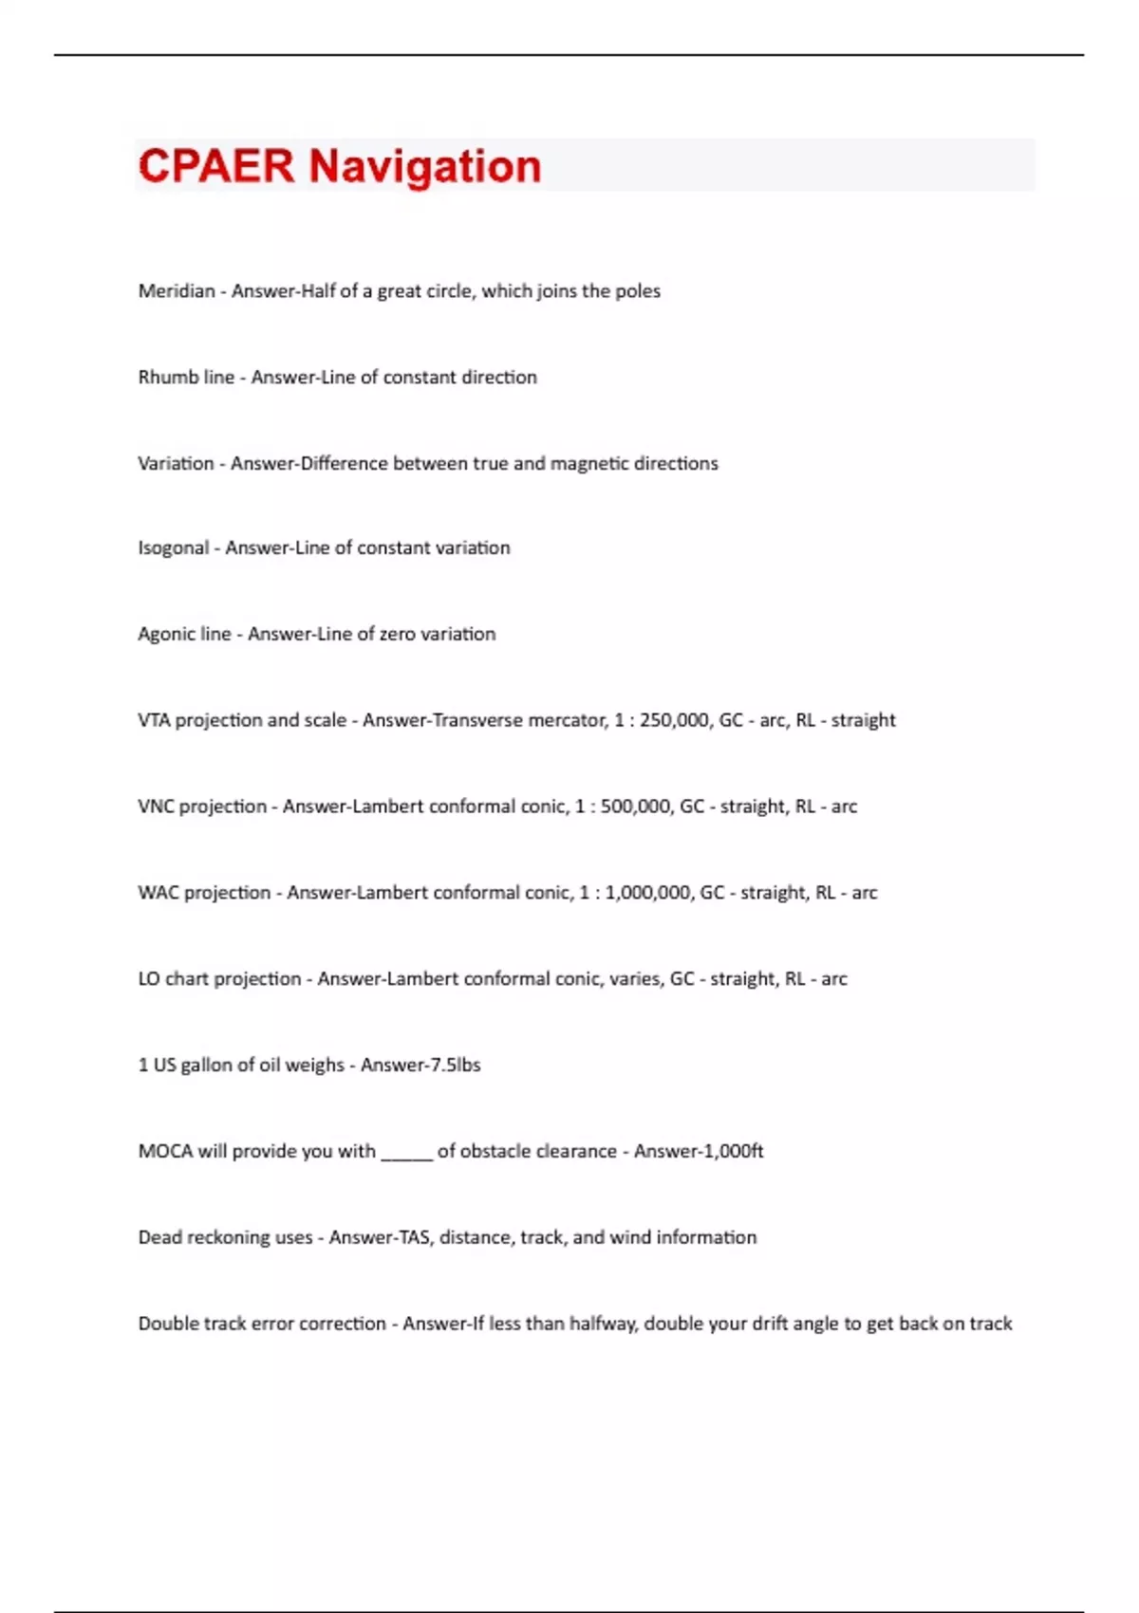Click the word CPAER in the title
(x=216, y=166)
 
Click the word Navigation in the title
(x=424, y=167)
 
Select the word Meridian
(x=177, y=291)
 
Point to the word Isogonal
(x=173, y=548)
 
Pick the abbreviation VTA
(x=154, y=720)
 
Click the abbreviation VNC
(x=156, y=806)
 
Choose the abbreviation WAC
(x=158, y=893)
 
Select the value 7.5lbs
(x=456, y=1066)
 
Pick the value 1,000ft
(x=732, y=1152)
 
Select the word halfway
(x=602, y=1325)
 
